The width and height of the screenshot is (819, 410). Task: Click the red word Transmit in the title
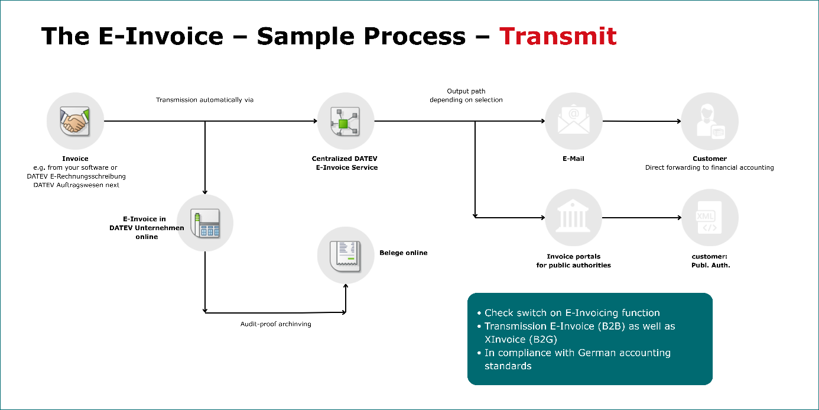point(558,36)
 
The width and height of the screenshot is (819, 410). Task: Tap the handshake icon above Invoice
point(75,121)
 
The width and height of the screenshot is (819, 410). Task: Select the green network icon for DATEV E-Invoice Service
point(345,121)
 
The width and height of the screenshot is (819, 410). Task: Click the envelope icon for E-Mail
point(573,120)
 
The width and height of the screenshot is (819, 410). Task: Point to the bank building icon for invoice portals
point(573,217)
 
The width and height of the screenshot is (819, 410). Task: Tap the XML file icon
point(709,218)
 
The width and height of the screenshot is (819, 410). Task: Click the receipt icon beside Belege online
point(345,256)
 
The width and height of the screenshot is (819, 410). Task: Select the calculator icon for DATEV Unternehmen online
point(205,223)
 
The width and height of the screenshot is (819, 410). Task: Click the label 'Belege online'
point(403,253)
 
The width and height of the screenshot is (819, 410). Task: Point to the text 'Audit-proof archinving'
point(276,324)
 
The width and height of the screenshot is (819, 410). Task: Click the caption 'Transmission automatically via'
point(204,99)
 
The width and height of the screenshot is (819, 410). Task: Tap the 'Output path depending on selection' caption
point(466,95)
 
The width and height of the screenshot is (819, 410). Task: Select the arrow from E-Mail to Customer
point(642,121)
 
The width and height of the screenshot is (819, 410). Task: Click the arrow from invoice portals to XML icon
point(642,218)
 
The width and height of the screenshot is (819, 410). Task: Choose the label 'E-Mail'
point(573,159)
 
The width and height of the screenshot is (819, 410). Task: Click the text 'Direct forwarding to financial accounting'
point(709,167)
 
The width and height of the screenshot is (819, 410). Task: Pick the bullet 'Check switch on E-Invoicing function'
point(568,312)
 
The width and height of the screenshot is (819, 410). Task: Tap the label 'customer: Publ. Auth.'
point(710,261)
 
